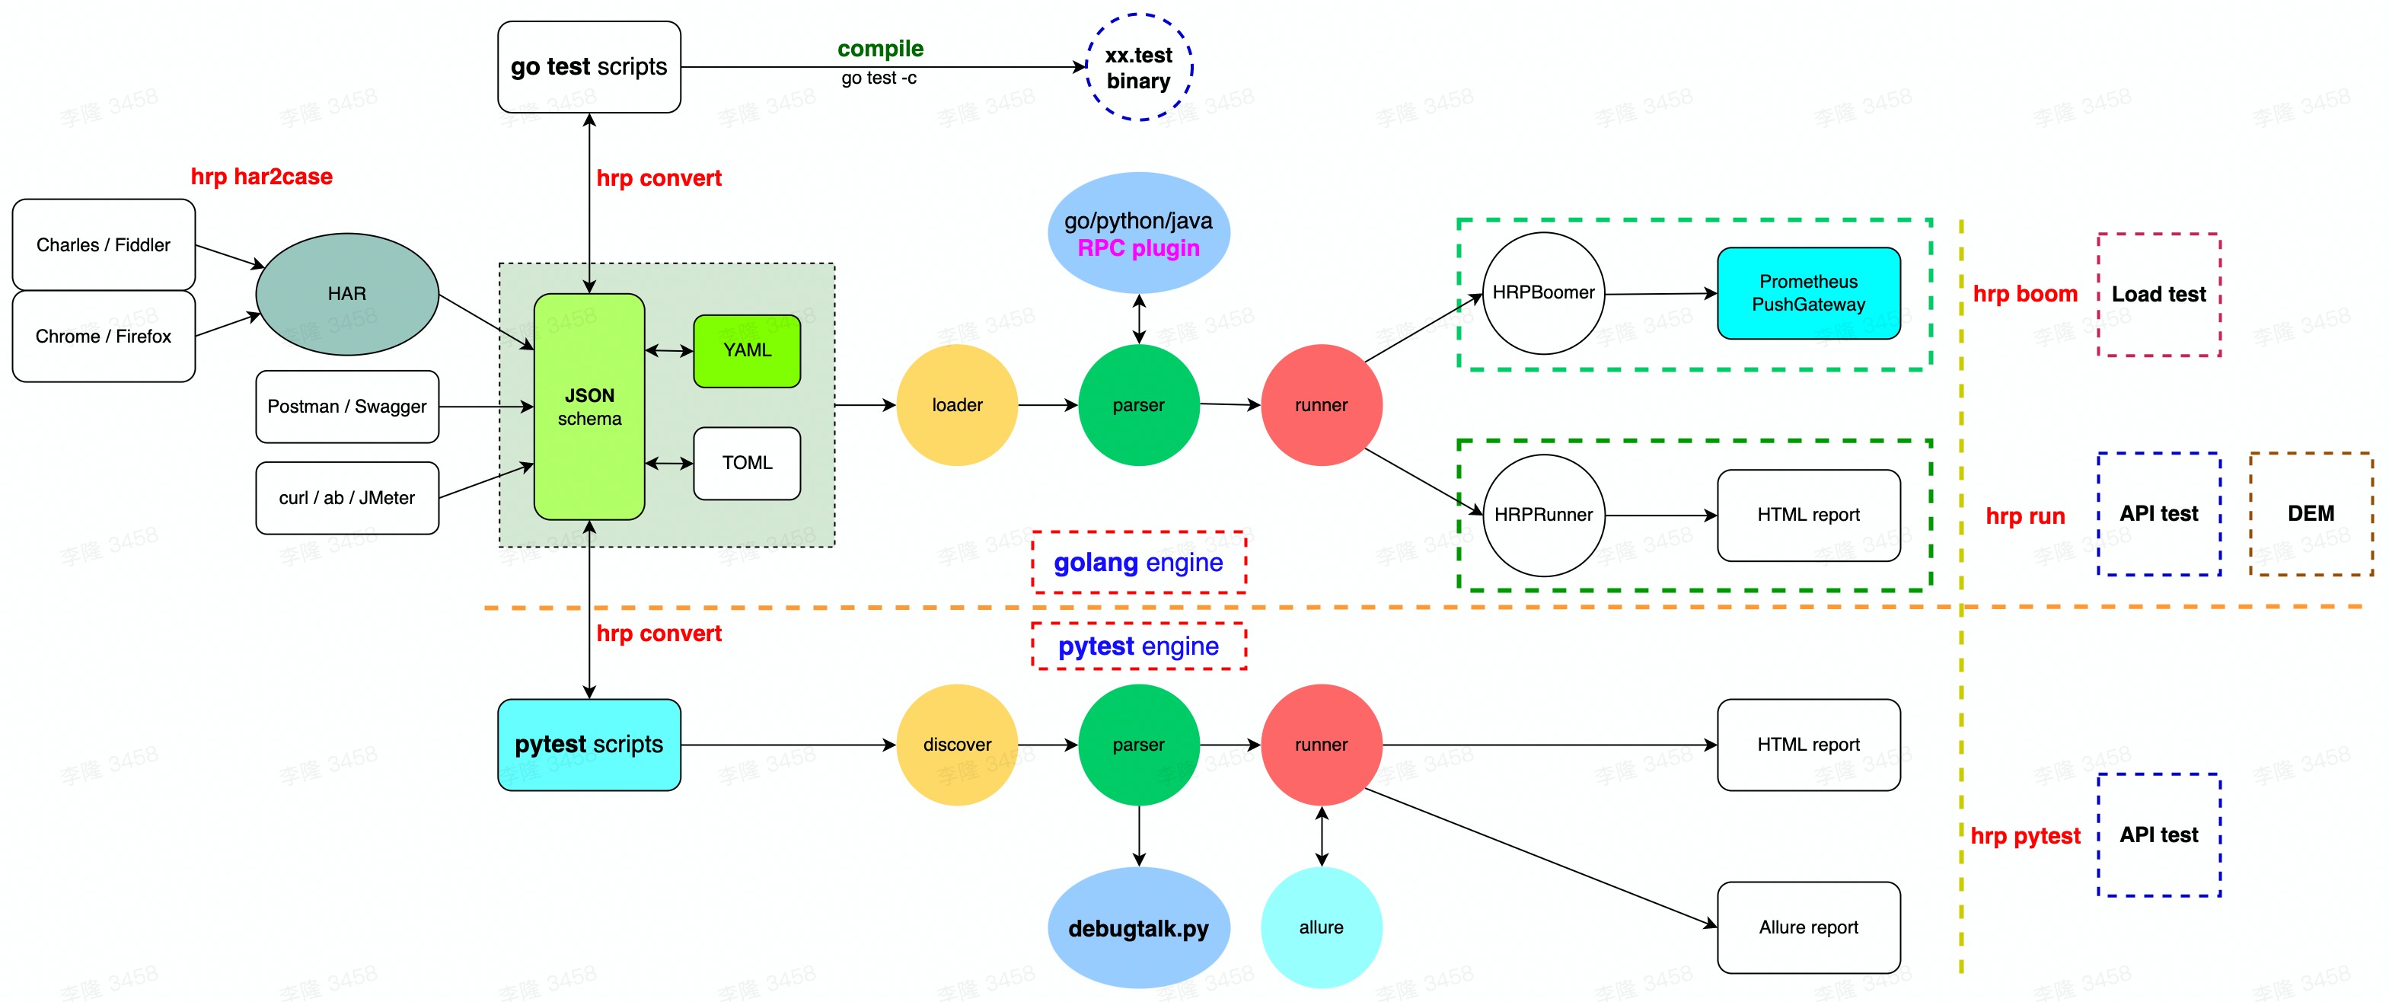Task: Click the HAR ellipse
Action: click(x=347, y=294)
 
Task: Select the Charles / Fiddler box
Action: click(x=103, y=245)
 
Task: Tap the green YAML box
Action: click(x=747, y=351)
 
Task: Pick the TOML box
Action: click(x=747, y=463)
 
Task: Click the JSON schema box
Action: click(x=589, y=407)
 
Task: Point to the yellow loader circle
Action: click(x=957, y=405)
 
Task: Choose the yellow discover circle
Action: click(x=957, y=745)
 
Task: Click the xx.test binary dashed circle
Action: click(x=1139, y=68)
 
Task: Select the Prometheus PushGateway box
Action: click(x=1808, y=293)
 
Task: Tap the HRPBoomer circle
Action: click(x=1543, y=293)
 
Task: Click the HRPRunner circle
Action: click(x=1543, y=515)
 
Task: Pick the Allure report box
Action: click(x=1808, y=928)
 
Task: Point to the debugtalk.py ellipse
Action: click(x=1139, y=928)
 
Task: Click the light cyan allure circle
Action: click(x=1321, y=928)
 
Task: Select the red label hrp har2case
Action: click(x=262, y=177)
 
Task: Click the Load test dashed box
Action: click(x=2159, y=295)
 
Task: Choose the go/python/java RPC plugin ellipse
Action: click(x=1139, y=234)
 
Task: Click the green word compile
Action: click(x=880, y=49)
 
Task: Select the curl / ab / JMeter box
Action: click(x=347, y=498)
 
